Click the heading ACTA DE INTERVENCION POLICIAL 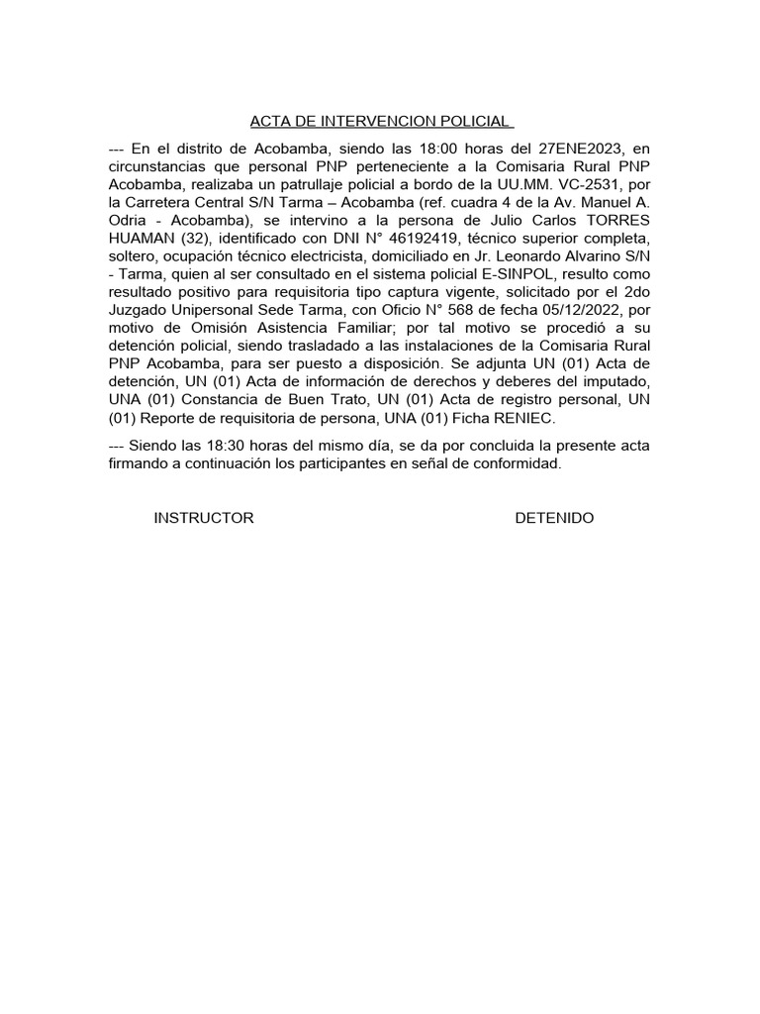point(381,122)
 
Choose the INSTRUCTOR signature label point(204,518)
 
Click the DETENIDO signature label point(554,518)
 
